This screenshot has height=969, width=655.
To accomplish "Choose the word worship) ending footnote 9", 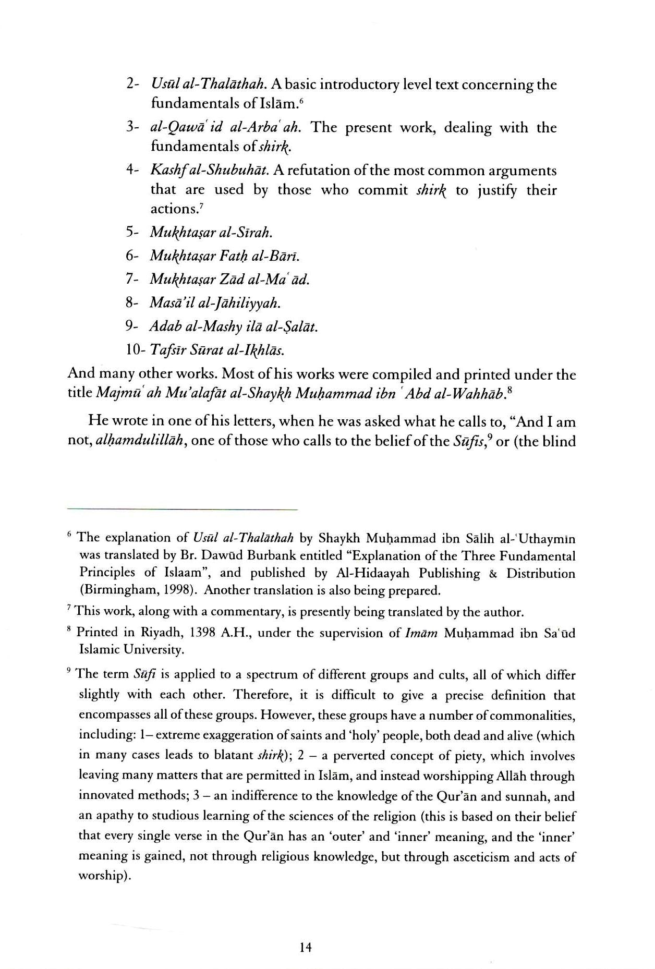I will [104, 876].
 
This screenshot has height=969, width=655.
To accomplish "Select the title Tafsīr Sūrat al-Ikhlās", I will [217, 350].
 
